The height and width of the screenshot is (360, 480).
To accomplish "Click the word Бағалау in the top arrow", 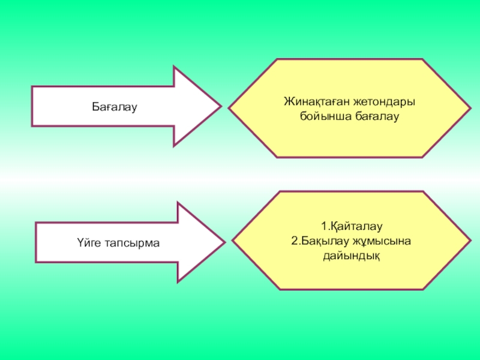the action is tap(115, 107).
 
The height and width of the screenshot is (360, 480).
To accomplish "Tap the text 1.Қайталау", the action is tap(351, 227).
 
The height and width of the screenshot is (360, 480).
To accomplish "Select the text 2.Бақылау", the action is tap(319, 241).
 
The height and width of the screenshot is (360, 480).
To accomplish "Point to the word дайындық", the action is tap(351, 255).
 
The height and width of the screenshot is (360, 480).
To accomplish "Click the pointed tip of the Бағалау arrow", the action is tap(221, 106).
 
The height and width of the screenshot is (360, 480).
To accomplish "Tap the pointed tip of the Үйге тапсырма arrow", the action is tap(224, 242).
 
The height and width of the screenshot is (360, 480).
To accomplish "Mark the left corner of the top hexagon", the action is tap(229, 108).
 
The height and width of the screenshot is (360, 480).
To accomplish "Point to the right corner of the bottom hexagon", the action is tap(470, 241).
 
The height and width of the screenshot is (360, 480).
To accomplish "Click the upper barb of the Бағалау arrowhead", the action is tap(174, 67).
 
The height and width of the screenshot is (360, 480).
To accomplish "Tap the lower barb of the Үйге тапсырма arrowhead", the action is tap(178, 281).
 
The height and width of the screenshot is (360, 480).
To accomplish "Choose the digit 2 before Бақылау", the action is tap(293, 241).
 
